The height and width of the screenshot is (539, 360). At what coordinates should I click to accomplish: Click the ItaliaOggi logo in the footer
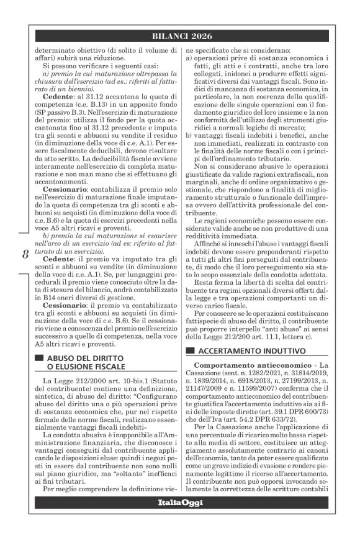pyautogui.click(x=180, y=520)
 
